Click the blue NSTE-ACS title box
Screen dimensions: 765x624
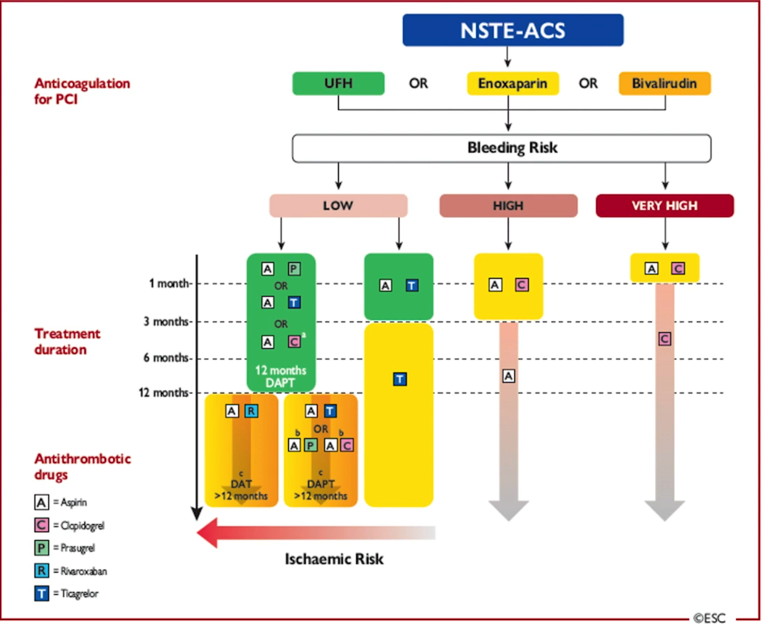pos(513,30)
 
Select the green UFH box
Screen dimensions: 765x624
pos(339,83)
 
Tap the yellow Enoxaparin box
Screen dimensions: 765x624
pos(513,83)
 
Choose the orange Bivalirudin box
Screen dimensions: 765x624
pos(665,83)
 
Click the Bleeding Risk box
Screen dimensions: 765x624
pos(502,148)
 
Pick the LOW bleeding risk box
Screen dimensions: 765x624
pos(339,205)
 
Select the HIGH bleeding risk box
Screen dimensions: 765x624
pos(508,205)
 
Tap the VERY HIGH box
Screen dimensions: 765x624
pos(665,205)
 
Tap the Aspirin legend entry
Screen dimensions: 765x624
pos(61,502)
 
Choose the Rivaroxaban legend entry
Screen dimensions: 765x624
pos(71,571)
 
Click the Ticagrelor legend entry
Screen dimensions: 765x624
pos(66,593)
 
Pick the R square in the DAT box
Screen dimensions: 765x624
pos(251,411)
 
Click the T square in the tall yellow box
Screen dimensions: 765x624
pos(400,380)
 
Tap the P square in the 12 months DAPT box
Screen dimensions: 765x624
pos(294,269)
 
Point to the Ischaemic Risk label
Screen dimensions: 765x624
pos(334,559)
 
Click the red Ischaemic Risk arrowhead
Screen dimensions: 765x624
pos(207,533)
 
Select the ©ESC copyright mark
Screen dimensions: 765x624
pos(710,618)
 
